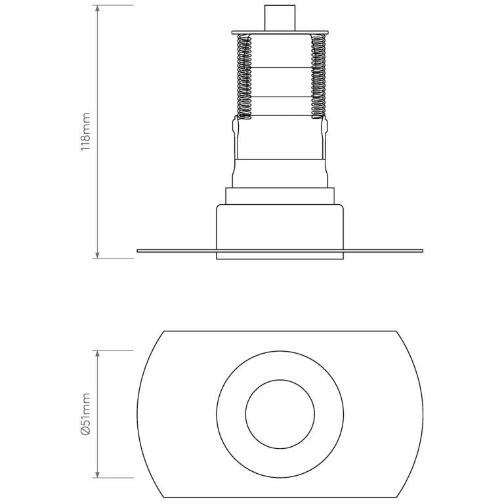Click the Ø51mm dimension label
(85, 414)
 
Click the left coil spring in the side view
(245, 77)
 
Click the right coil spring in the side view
(318, 77)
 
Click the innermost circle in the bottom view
(280, 414)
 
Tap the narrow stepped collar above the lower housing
(280, 196)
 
